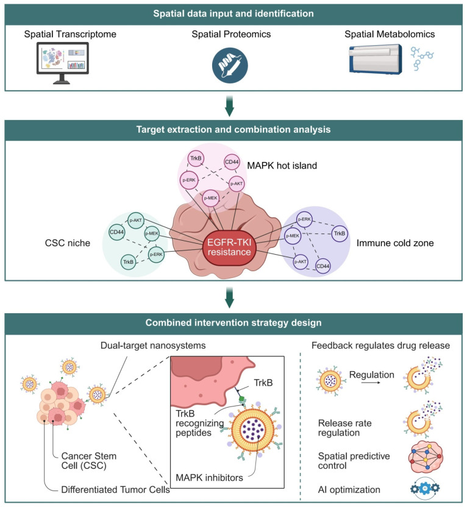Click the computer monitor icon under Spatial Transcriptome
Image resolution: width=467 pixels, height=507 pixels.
coord(62,63)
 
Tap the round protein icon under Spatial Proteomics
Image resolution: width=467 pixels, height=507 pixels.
coord(230,65)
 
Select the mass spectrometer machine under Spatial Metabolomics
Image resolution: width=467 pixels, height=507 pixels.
coord(376,60)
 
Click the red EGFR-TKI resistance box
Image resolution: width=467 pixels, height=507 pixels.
coord(229,247)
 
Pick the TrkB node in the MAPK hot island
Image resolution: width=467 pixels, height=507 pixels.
coord(196,158)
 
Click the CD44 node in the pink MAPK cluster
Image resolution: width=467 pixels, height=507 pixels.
coord(232,162)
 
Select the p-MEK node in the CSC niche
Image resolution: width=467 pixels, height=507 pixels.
coord(152,233)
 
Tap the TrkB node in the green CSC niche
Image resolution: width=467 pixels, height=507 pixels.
coord(129,262)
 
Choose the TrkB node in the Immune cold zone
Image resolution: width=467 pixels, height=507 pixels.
coord(340,233)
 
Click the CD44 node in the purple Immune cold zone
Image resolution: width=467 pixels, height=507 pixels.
coord(323,266)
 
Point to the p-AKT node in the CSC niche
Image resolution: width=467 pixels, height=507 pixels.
coord(135,220)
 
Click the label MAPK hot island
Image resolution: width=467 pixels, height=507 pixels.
coord(282,166)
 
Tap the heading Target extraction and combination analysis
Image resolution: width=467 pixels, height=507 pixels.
coord(233,129)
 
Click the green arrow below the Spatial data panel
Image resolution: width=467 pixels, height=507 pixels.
coord(229,106)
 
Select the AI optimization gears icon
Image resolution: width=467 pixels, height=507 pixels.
coord(425,488)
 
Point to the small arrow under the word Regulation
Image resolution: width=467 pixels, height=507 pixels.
coord(371,383)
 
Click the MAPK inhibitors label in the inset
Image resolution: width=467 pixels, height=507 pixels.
coord(209,478)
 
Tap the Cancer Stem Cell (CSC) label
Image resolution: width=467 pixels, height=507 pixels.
coord(88,461)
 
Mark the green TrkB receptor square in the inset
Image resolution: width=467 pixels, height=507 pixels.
coord(241,399)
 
